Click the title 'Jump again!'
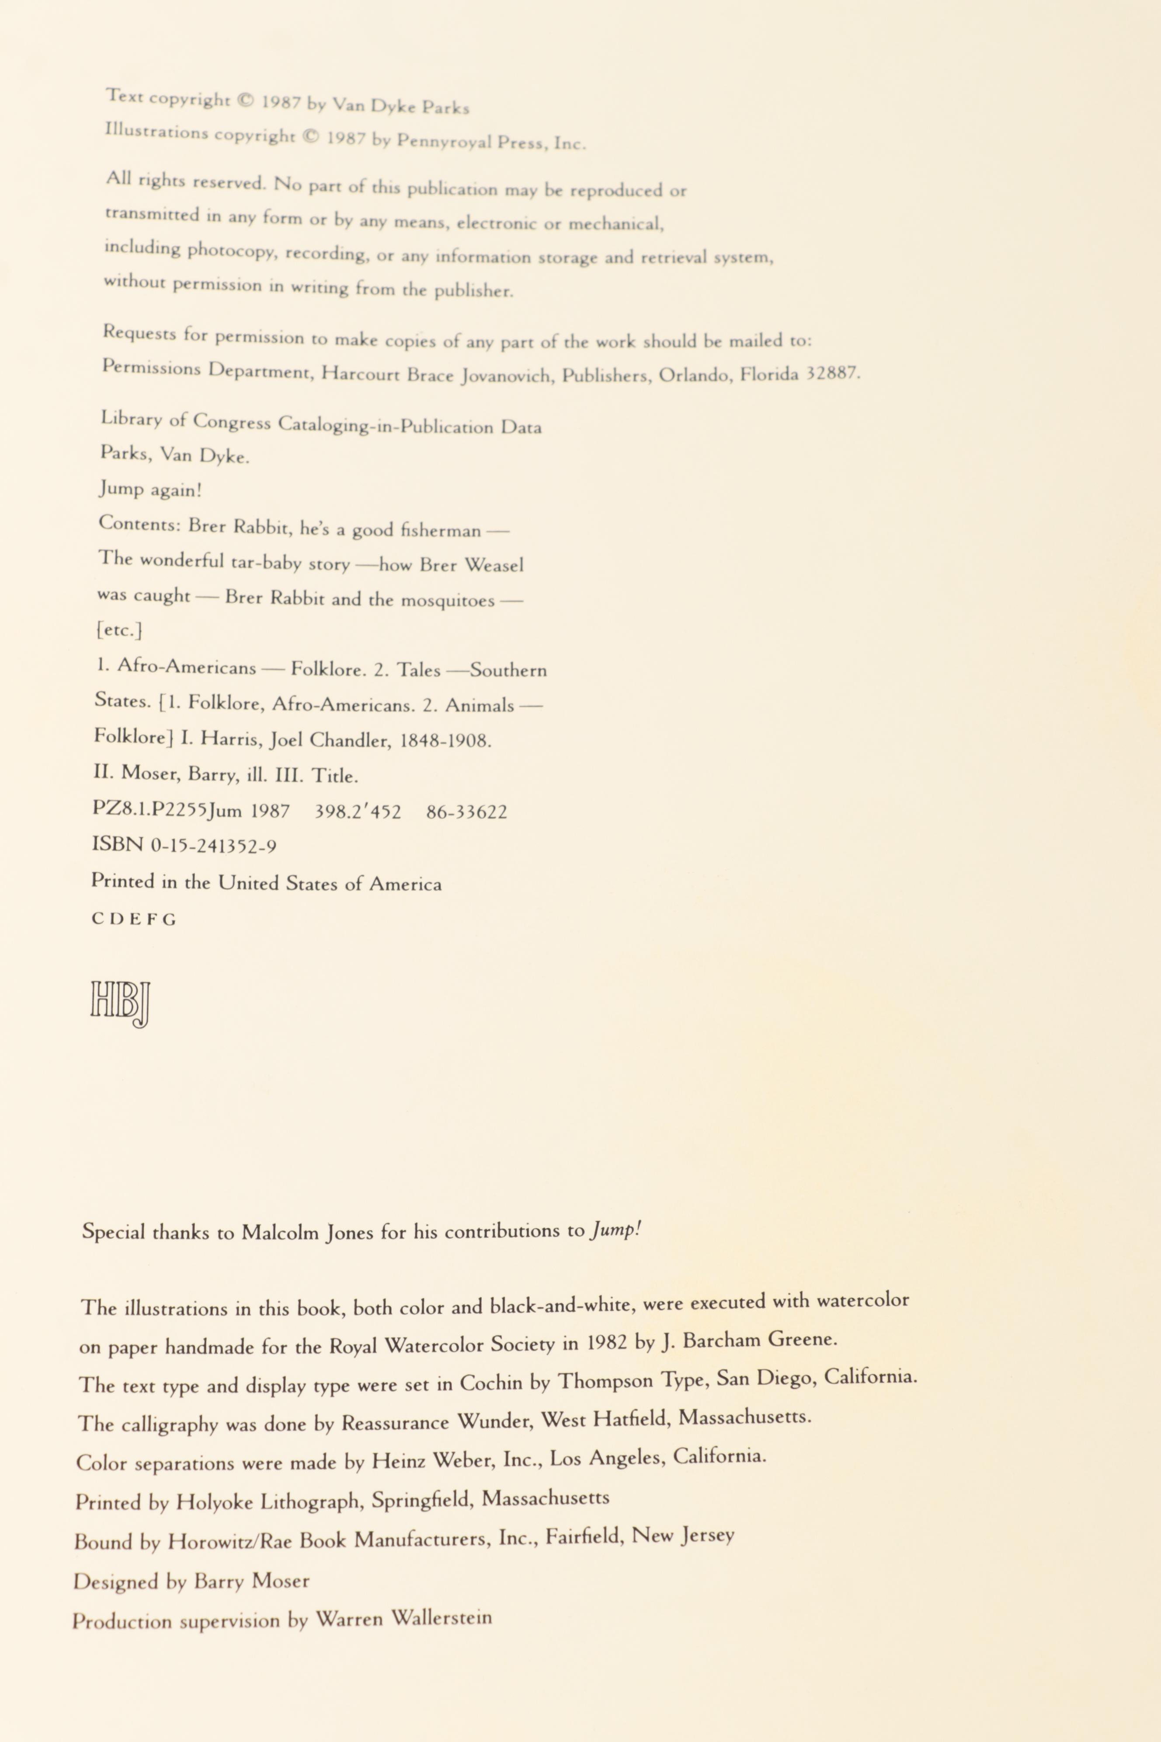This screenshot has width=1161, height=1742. point(150,490)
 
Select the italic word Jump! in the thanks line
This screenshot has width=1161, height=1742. point(615,1230)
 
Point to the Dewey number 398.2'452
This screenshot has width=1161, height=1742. point(358,812)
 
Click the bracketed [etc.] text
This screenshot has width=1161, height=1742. point(119,630)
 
